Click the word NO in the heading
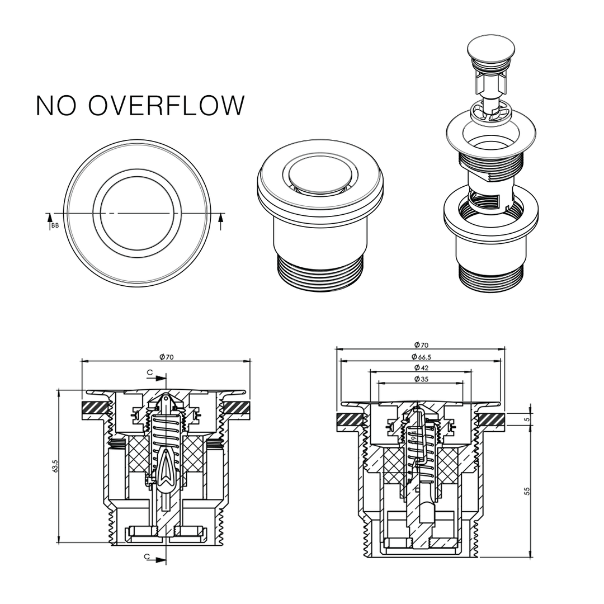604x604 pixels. (x=56, y=106)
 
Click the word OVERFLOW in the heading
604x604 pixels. (x=167, y=106)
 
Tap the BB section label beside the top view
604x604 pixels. (x=54, y=226)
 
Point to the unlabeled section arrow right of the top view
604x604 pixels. (x=220, y=221)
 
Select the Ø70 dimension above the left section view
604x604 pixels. (x=166, y=357)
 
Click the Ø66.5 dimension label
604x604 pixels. (x=421, y=356)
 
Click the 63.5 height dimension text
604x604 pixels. (x=55, y=466)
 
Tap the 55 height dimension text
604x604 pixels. (x=526, y=490)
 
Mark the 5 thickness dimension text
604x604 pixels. (x=526, y=419)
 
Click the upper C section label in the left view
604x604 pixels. (x=149, y=372)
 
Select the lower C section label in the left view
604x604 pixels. (x=147, y=556)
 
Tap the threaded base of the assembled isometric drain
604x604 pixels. (x=320, y=273)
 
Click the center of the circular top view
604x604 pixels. (x=137, y=214)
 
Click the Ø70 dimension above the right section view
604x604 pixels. (x=421, y=345)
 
